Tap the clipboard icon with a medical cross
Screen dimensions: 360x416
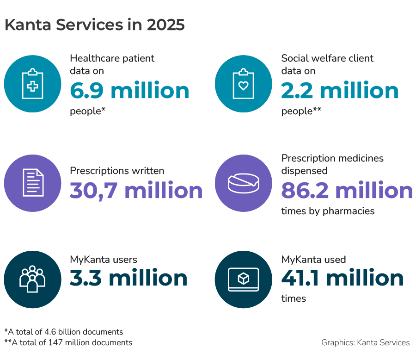click(x=32, y=84)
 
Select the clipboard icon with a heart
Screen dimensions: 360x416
click(x=244, y=84)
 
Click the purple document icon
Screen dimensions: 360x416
click(x=32, y=183)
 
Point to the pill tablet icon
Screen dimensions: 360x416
click(x=244, y=183)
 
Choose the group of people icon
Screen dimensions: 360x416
click(x=32, y=279)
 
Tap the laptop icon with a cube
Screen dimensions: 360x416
click(x=244, y=279)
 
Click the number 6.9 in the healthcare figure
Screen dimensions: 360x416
click(x=88, y=91)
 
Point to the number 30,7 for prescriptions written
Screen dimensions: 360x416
click(x=94, y=191)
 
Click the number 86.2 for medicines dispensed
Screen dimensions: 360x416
click(x=305, y=191)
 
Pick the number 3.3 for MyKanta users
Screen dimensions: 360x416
click(x=86, y=278)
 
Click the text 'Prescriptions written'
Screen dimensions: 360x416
click(x=117, y=171)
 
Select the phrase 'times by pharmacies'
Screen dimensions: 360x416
click(x=328, y=211)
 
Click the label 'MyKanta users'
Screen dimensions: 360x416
click(x=104, y=260)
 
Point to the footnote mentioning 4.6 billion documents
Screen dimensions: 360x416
click(x=63, y=332)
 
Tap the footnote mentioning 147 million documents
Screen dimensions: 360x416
click(x=68, y=342)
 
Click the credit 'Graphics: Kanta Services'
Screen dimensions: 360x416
click(x=365, y=342)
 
